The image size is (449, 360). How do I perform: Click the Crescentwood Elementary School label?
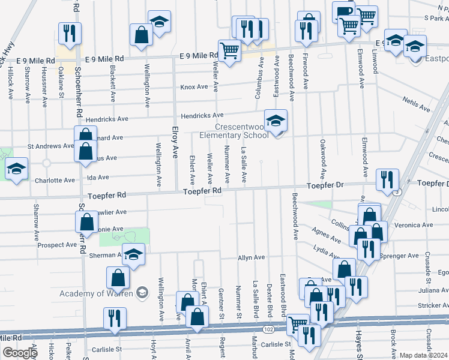tap(234, 131)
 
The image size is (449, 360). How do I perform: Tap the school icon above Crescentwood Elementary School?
tap(276, 121)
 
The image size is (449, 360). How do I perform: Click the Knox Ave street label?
tap(194, 87)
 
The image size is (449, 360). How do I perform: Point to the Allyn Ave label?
tap(251, 257)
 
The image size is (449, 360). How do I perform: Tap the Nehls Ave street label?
tap(417, 104)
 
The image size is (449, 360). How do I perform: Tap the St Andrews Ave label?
tap(51, 146)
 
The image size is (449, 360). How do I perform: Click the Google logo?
tap(19, 353)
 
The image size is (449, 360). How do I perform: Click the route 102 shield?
tap(268, 329)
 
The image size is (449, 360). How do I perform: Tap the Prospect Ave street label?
tap(56, 245)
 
